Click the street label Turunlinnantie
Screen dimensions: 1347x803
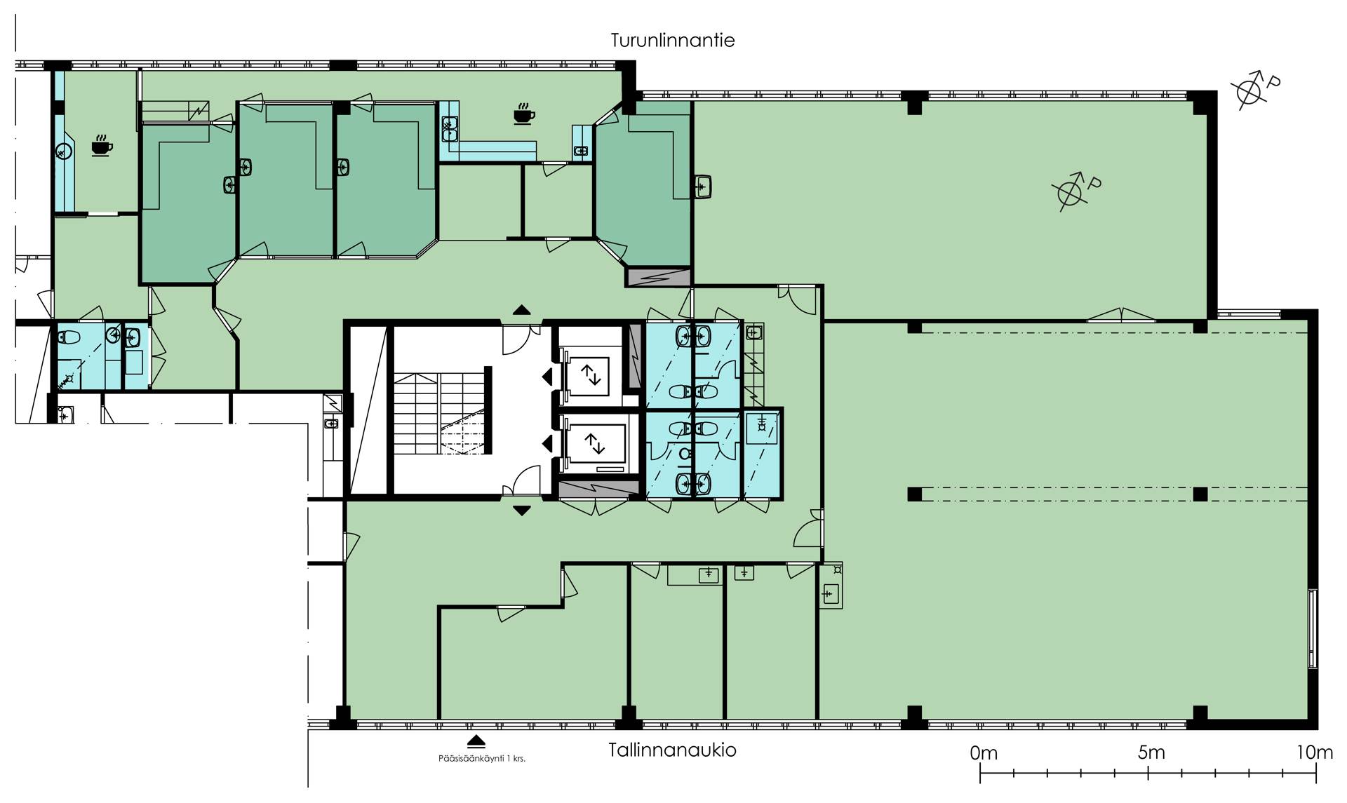pos(672,40)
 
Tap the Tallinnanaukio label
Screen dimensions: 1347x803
pos(672,750)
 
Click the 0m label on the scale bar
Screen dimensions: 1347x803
pos(984,753)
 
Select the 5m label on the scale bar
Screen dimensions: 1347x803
pos(1151,753)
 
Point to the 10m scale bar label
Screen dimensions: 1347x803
pos(1314,753)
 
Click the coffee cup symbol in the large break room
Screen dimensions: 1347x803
pos(523,114)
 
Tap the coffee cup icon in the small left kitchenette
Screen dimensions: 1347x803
pos(102,145)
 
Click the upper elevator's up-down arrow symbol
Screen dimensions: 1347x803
pos(593,377)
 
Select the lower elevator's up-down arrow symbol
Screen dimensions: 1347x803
pos(594,443)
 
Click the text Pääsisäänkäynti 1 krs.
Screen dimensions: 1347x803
pos(481,758)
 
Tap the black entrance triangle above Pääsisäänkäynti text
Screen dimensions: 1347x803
pos(476,741)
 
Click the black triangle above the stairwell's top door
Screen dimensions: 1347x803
pos(521,310)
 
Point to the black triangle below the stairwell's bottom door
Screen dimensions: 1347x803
pos(521,511)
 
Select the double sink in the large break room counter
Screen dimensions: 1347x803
pos(449,129)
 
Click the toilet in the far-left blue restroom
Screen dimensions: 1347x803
pos(69,337)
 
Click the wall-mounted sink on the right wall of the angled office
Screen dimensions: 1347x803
pos(704,187)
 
